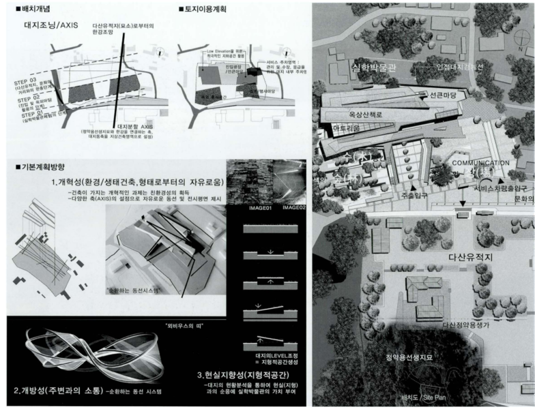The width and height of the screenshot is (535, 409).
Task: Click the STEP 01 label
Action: pyautogui.click(x=27, y=115)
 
